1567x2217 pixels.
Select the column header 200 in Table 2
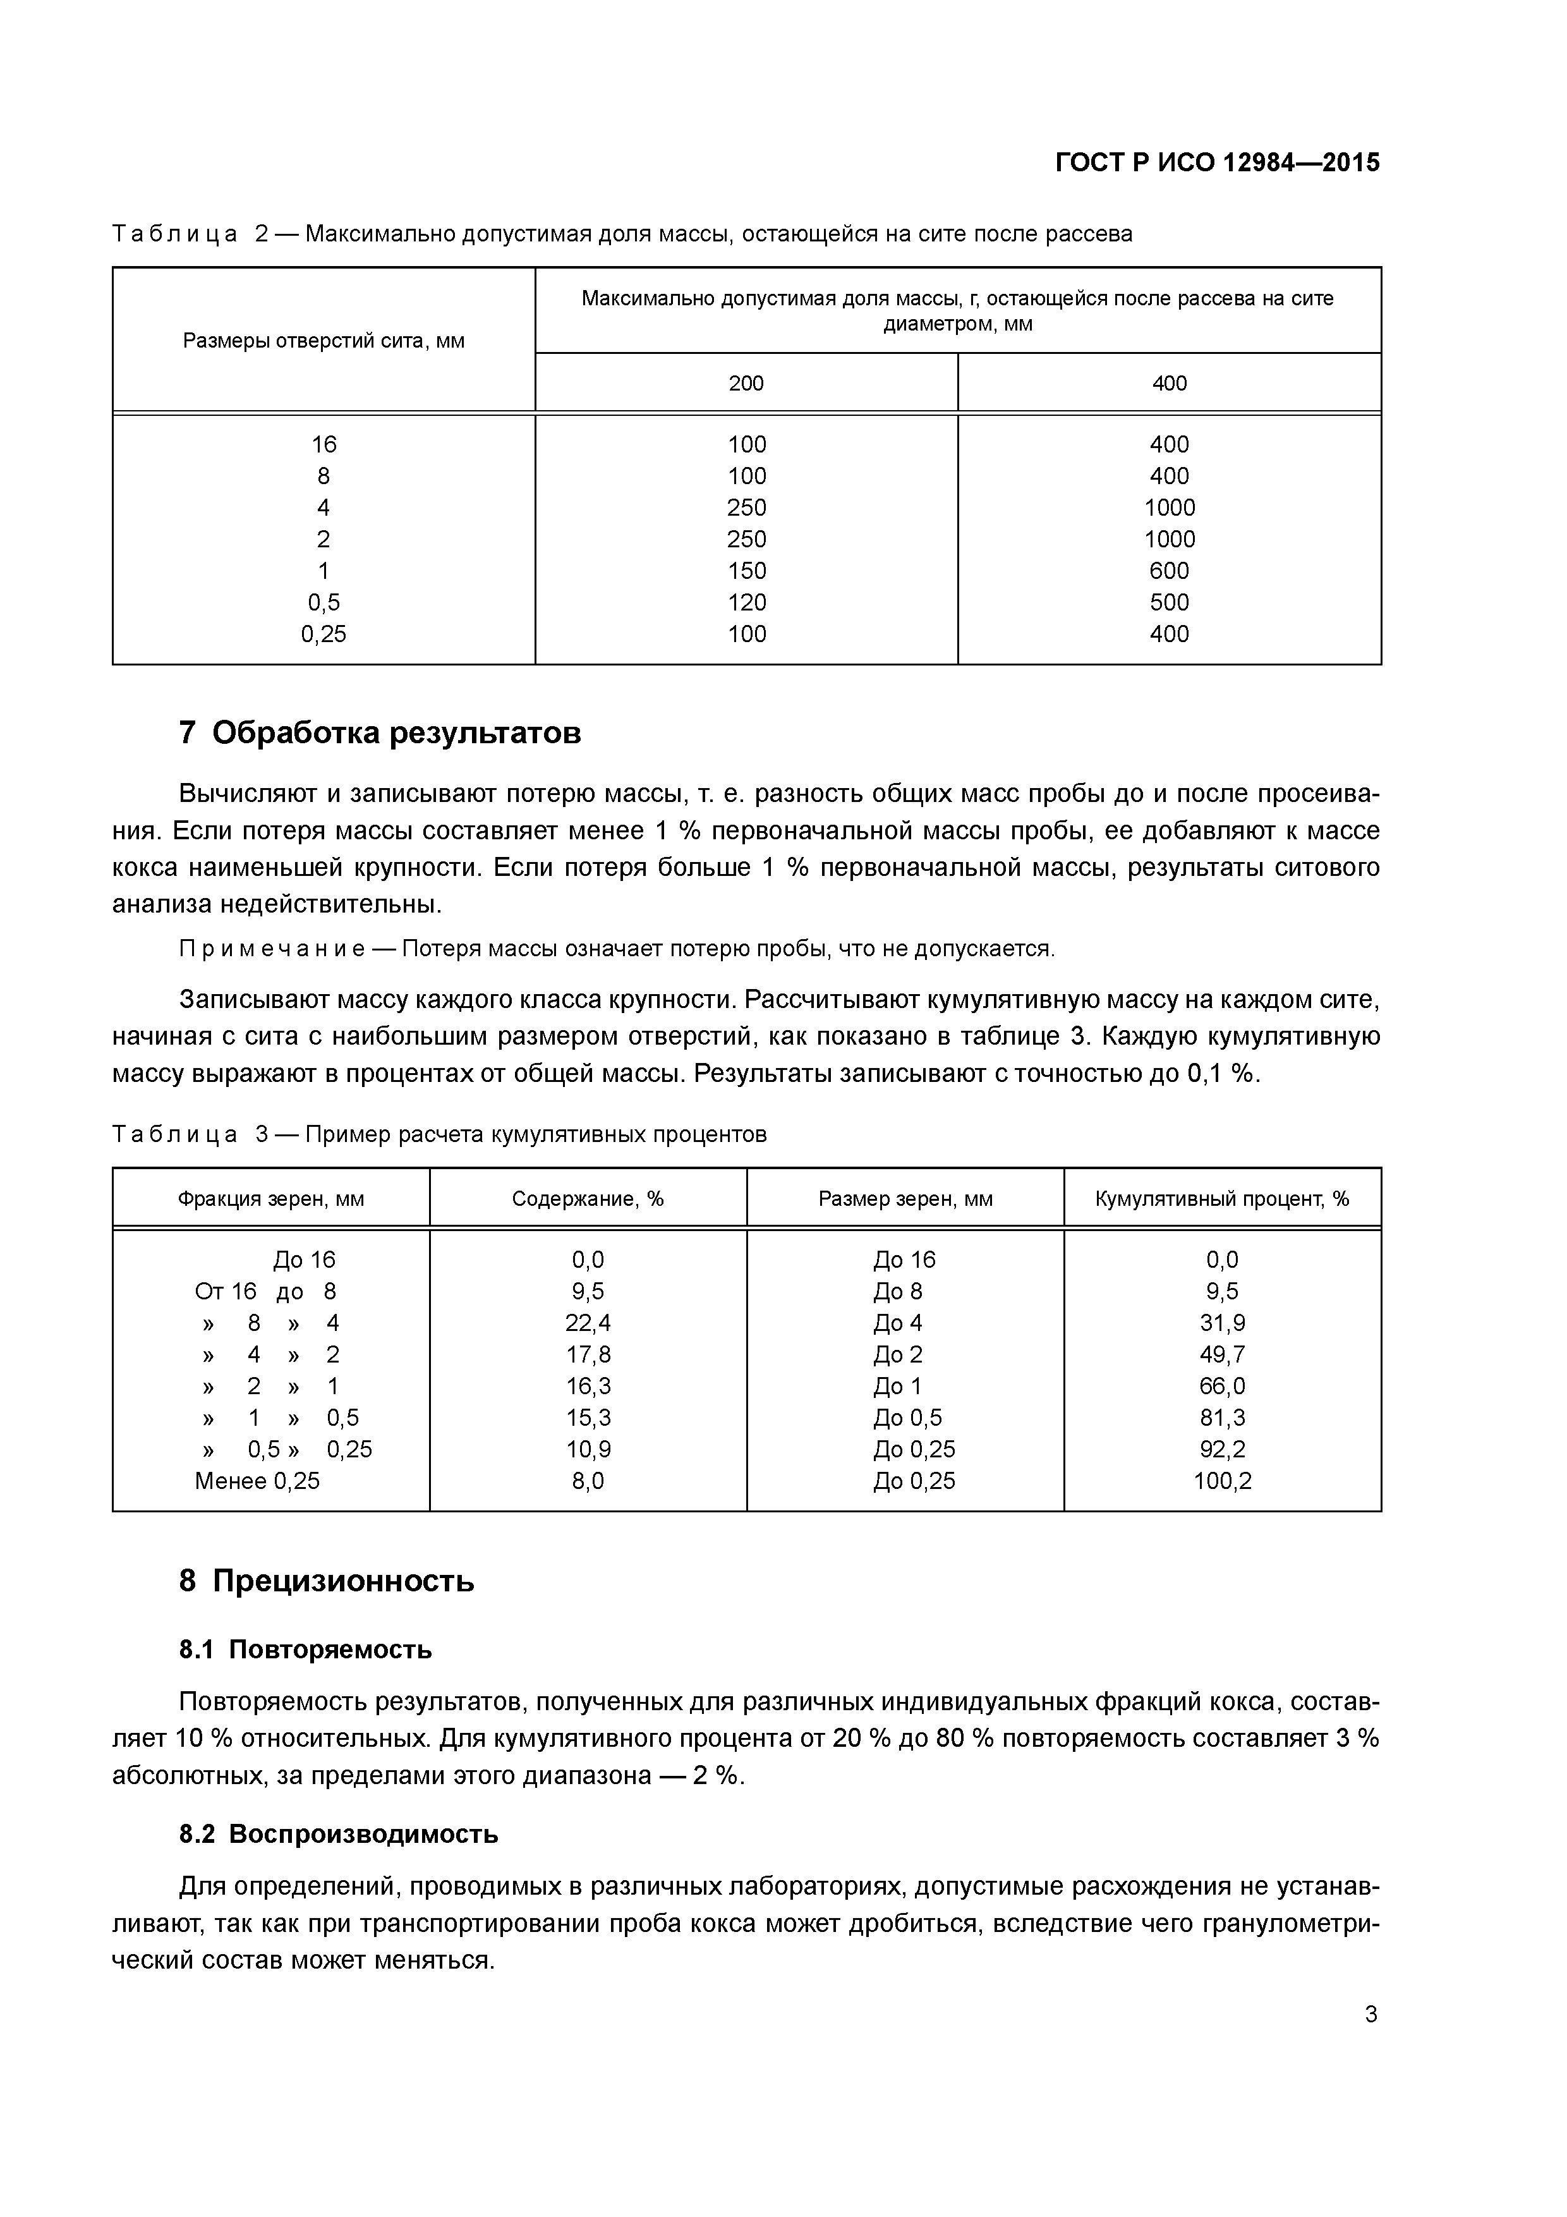[x=746, y=384]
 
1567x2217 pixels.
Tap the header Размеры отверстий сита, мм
[x=324, y=341]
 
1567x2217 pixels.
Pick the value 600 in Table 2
[x=1168, y=571]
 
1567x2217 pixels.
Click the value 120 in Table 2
[x=746, y=602]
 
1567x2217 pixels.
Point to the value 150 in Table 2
[x=746, y=571]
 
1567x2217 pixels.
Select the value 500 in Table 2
[x=1168, y=602]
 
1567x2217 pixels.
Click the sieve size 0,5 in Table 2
[x=324, y=602]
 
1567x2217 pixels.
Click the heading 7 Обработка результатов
[x=380, y=734]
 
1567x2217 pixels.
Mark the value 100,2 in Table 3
[x=1221, y=1481]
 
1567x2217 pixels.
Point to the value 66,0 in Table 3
[x=1221, y=1387]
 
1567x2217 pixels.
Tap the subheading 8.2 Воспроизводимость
[x=338, y=1833]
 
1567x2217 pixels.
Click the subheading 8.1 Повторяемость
[x=305, y=1649]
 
